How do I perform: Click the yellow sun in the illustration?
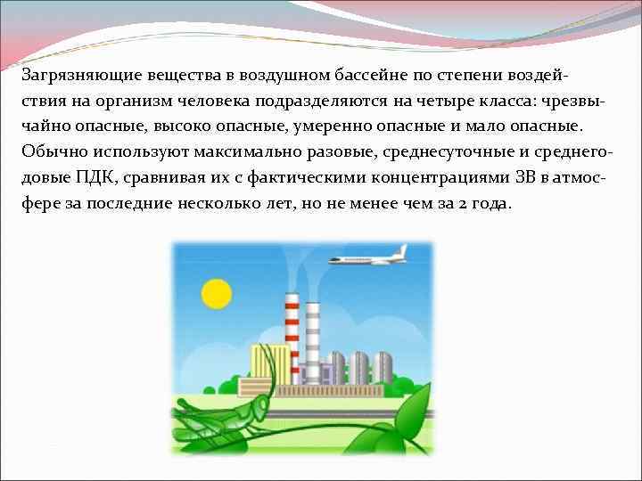click(217, 292)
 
